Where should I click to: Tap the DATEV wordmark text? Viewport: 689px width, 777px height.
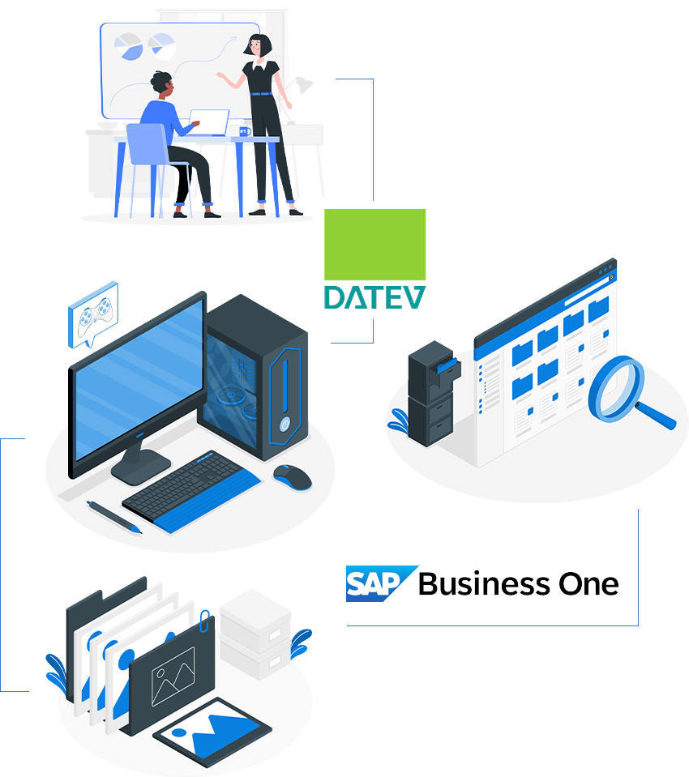coord(374,296)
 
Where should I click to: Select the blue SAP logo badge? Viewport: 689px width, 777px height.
coord(379,583)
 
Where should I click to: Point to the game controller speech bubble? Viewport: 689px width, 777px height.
coord(92,314)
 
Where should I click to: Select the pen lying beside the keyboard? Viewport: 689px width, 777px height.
coord(114,516)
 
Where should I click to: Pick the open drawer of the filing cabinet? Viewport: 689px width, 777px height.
coord(447,368)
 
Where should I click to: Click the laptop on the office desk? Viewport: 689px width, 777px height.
coord(212,122)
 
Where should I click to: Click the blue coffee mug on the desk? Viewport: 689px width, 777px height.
coord(244,130)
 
